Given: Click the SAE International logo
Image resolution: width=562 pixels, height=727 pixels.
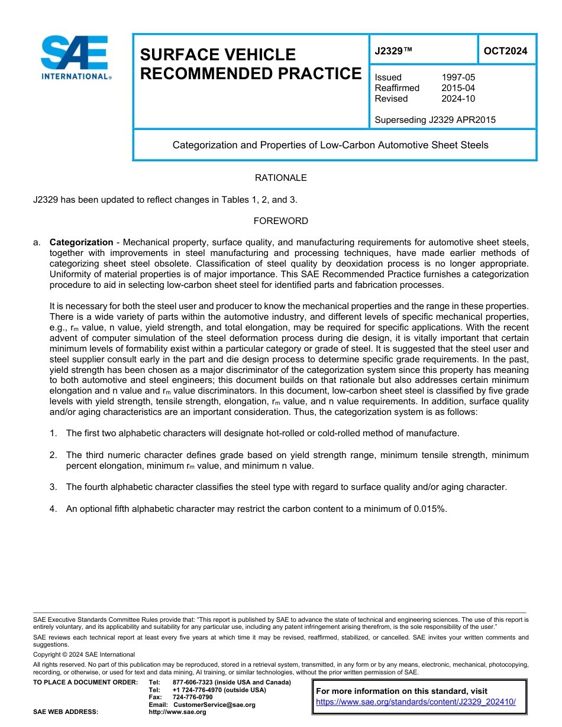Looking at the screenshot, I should pyautogui.click(x=75, y=57).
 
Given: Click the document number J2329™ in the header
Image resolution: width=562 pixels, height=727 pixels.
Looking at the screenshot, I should pyautogui.click(x=393, y=51).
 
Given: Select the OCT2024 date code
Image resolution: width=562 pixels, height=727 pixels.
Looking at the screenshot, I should pyautogui.click(x=505, y=51).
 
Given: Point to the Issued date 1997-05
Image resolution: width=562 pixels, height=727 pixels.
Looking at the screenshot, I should pyautogui.click(x=458, y=77).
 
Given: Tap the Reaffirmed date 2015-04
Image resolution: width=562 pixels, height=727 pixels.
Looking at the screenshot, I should pyautogui.click(x=458, y=88).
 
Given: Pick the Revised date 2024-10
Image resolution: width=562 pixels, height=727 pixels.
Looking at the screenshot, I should pyautogui.click(x=458, y=99).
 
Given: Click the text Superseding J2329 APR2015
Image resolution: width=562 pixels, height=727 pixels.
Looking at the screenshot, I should pyautogui.click(x=435, y=120).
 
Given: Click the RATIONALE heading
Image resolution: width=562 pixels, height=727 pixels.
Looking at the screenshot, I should pyautogui.click(x=280, y=178).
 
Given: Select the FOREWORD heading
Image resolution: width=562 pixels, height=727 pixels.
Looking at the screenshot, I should pyautogui.click(x=280, y=221).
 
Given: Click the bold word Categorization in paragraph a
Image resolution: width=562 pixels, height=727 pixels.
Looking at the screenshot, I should pyautogui.click(x=81, y=242).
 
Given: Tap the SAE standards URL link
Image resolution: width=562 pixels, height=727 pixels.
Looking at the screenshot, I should pyautogui.click(x=416, y=702).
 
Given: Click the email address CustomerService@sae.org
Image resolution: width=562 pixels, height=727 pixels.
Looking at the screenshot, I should pyautogui.click(x=214, y=705).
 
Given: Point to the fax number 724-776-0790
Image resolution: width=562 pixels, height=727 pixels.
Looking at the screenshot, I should pyautogui.click(x=192, y=697).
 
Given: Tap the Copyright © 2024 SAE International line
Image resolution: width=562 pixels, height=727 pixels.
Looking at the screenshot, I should pyautogui.click(x=84, y=654).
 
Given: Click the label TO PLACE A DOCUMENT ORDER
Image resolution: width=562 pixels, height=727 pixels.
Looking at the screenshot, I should pyautogui.click(x=85, y=682).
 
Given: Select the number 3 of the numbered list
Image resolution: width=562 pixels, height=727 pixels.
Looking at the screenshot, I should pyautogui.click(x=53, y=487).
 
